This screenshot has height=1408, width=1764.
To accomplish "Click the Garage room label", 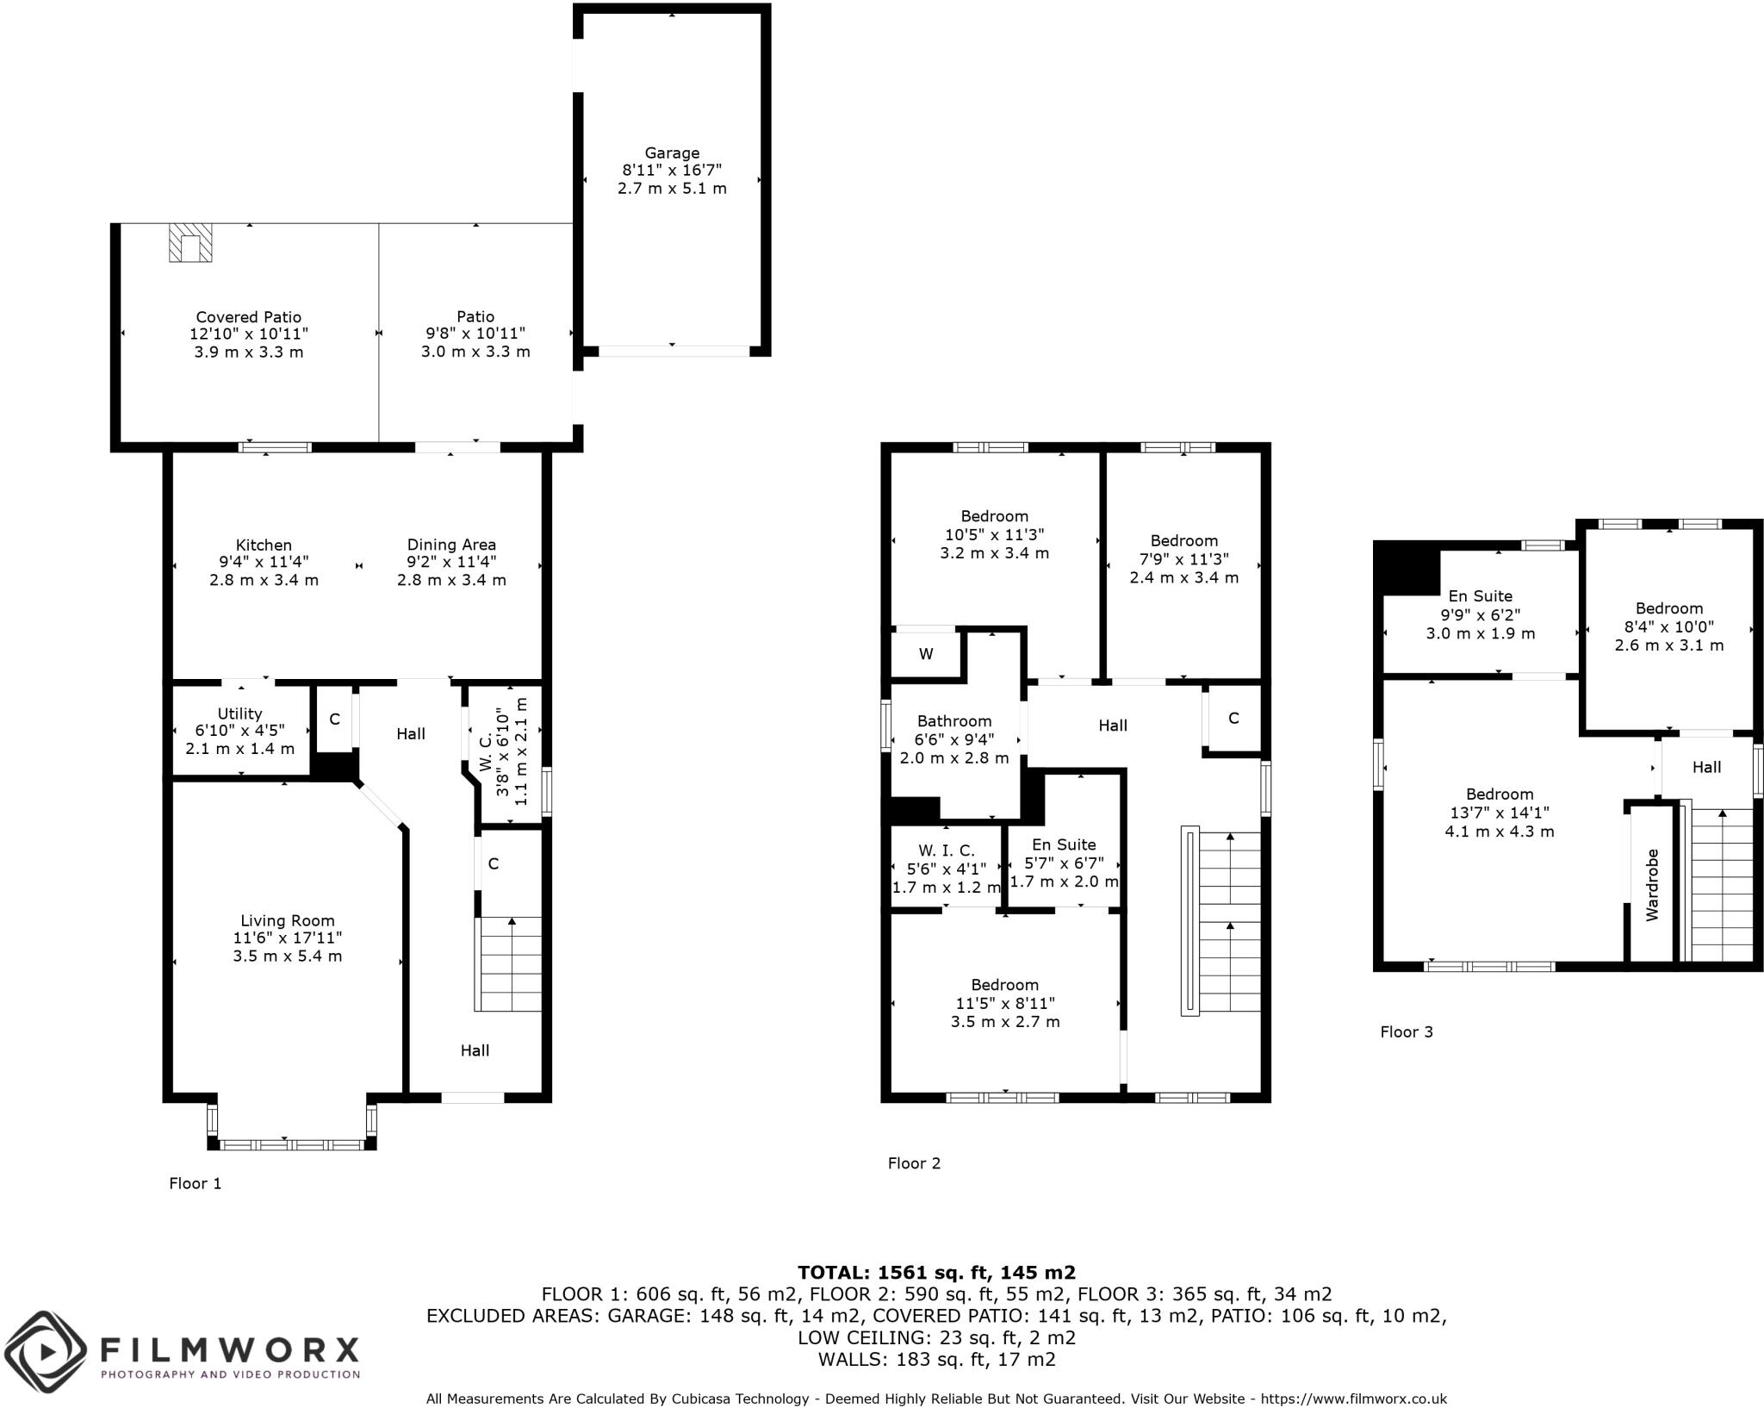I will [x=672, y=153].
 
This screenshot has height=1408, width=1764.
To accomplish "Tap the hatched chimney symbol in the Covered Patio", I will [x=189, y=243].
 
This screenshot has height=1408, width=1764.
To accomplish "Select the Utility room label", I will [x=239, y=713].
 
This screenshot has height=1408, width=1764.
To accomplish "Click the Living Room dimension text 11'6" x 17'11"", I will [x=287, y=938].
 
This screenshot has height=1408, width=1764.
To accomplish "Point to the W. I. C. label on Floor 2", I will [x=946, y=850].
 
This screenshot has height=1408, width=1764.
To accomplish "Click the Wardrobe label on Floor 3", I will [x=1652, y=885].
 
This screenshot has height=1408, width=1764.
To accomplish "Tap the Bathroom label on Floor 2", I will [x=953, y=721].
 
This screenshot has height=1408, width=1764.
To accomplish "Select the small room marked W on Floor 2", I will [x=926, y=654].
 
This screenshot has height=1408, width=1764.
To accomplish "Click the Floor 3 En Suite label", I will [x=1480, y=596].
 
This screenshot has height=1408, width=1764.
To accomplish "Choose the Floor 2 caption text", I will [x=914, y=1163].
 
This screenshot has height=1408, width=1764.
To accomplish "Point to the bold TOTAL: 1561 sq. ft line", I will [x=936, y=1273].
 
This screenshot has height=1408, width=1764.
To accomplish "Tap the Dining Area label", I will [x=451, y=545].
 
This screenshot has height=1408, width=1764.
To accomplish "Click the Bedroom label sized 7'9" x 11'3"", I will [x=1183, y=541].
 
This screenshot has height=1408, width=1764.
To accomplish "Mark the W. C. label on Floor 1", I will [x=485, y=751].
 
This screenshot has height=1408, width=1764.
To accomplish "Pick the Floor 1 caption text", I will [x=195, y=1184].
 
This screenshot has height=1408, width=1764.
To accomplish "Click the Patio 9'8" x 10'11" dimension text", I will [x=475, y=333].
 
